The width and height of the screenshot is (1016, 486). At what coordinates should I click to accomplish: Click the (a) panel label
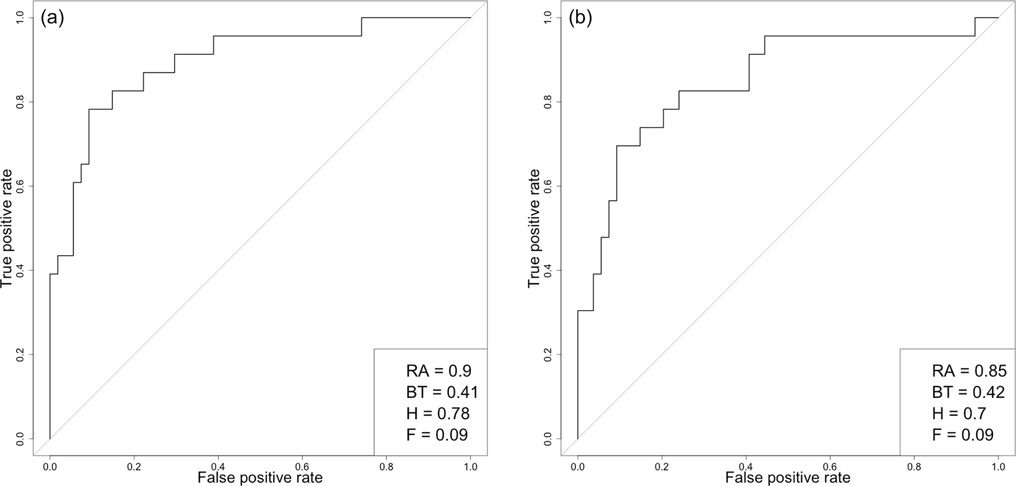point(53,18)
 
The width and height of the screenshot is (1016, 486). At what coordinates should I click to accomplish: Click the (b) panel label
point(580,18)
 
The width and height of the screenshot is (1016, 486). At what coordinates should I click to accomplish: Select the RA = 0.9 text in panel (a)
point(439,370)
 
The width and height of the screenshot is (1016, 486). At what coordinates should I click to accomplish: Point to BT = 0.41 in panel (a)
point(442,392)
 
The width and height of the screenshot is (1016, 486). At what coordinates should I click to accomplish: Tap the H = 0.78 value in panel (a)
point(438,413)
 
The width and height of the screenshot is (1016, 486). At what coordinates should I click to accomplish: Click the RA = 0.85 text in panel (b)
point(969,370)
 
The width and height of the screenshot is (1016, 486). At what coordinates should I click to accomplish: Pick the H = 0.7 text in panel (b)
point(959,413)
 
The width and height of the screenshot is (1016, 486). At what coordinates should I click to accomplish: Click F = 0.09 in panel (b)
point(963,435)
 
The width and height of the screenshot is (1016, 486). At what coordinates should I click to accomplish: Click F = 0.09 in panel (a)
point(437,435)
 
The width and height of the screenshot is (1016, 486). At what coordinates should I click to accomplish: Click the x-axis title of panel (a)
point(260,477)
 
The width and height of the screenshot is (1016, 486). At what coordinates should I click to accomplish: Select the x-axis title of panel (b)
point(787,477)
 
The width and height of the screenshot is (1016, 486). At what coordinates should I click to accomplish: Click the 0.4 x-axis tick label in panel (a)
point(218,466)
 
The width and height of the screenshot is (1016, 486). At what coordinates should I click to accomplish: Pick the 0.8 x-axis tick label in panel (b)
point(914,466)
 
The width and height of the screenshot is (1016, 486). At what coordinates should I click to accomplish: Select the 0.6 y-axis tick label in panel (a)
point(20,186)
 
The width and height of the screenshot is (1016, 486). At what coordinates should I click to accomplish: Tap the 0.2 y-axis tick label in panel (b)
point(547,354)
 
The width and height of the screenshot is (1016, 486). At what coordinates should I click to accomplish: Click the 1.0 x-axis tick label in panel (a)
point(470,466)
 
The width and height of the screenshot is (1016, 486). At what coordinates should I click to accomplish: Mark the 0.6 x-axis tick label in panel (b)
point(830,466)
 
